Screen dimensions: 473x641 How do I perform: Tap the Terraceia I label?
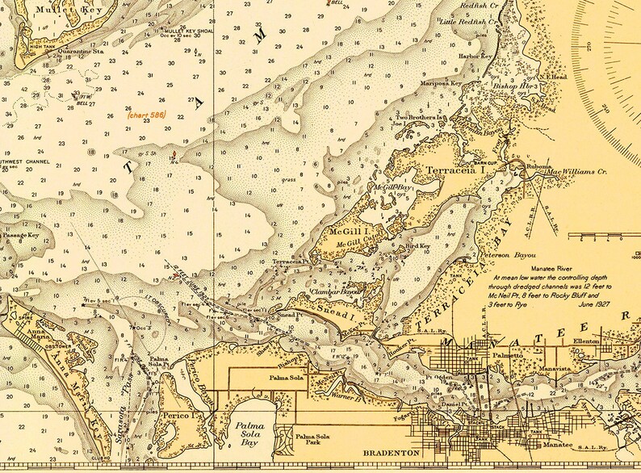[x=455, y=172]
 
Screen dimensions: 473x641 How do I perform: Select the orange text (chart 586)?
[x=145, y=115]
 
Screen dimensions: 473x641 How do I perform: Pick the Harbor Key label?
[x=476, y=57]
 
